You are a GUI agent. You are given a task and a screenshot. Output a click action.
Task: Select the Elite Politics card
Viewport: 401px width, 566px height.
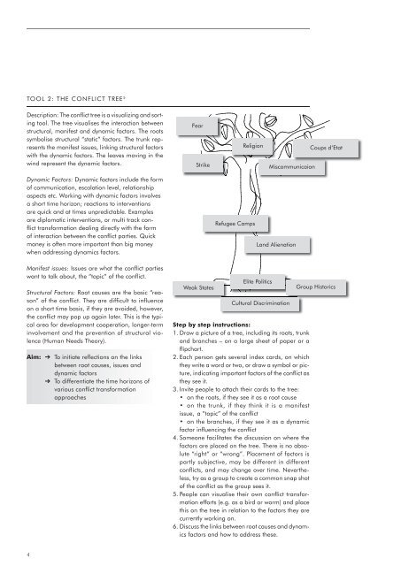[262, 281]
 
